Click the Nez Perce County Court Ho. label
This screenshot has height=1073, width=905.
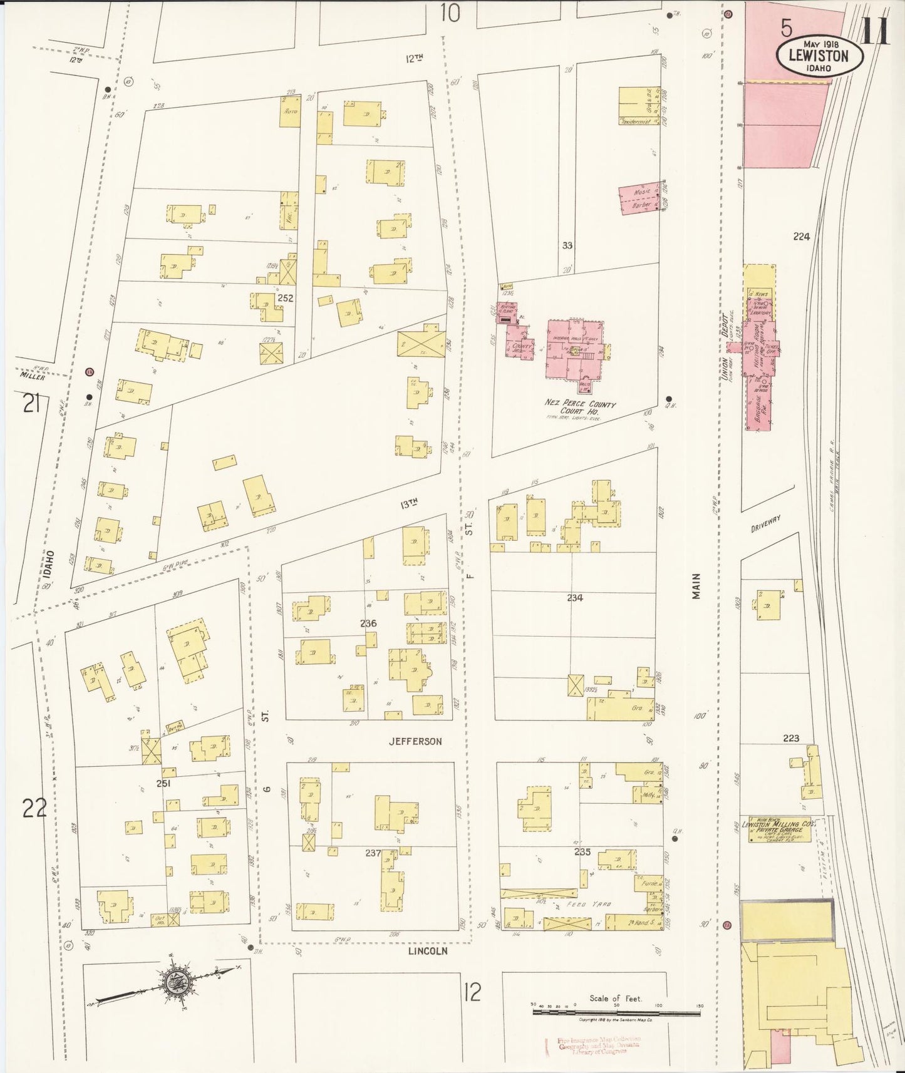point(579,409)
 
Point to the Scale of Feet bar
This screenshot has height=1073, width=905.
point(616,1007)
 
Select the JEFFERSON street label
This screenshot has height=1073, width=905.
point(415,741)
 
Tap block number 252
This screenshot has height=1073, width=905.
point(286,299)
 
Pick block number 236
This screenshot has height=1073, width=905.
point(368,624)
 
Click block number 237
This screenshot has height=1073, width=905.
point(374,852)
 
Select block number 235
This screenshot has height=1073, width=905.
point(582,852)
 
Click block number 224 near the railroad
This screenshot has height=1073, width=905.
point(802,237)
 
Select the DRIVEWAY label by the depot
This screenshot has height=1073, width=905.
point(765,524)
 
